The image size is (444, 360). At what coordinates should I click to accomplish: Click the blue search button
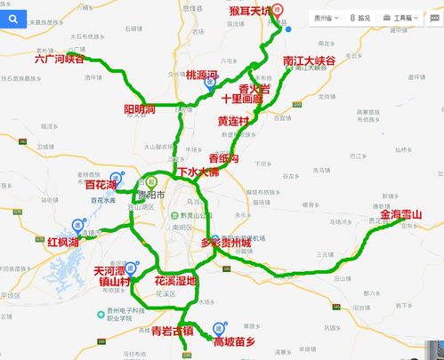coord(13,17)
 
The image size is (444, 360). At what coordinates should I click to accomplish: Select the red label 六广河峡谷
coord(59,59)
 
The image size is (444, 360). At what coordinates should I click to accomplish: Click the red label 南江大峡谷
coord(309,61)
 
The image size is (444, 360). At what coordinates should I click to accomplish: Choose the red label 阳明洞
coord(140,109)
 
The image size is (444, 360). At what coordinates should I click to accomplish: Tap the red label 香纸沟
coord(224,157)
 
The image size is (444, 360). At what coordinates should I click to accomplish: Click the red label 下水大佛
coord(198,172)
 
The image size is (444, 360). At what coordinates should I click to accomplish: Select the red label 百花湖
coord(107,185)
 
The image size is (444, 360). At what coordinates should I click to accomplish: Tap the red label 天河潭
coord(113,268)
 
